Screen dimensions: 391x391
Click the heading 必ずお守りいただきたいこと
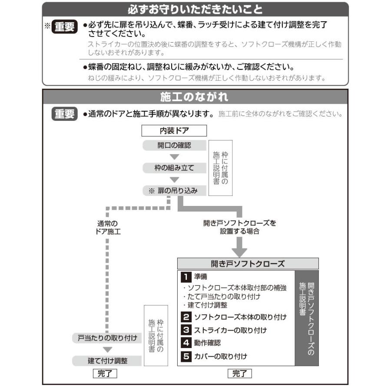[x=195, y=9]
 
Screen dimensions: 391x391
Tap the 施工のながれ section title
[x=195, y=96]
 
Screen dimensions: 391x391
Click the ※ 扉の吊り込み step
[x=174, y=190]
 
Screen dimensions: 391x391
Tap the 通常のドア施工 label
[x=107, y=228]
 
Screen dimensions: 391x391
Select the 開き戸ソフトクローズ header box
[x=248, y=264]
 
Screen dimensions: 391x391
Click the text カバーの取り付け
[x=221, y=356]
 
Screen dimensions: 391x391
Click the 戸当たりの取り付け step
[x=107, y=338]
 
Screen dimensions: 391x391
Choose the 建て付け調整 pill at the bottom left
[x=107, y=360]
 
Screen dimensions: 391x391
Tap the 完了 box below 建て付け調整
[x=105, y=373]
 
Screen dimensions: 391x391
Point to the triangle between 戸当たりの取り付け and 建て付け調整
[x=107, y=349]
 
